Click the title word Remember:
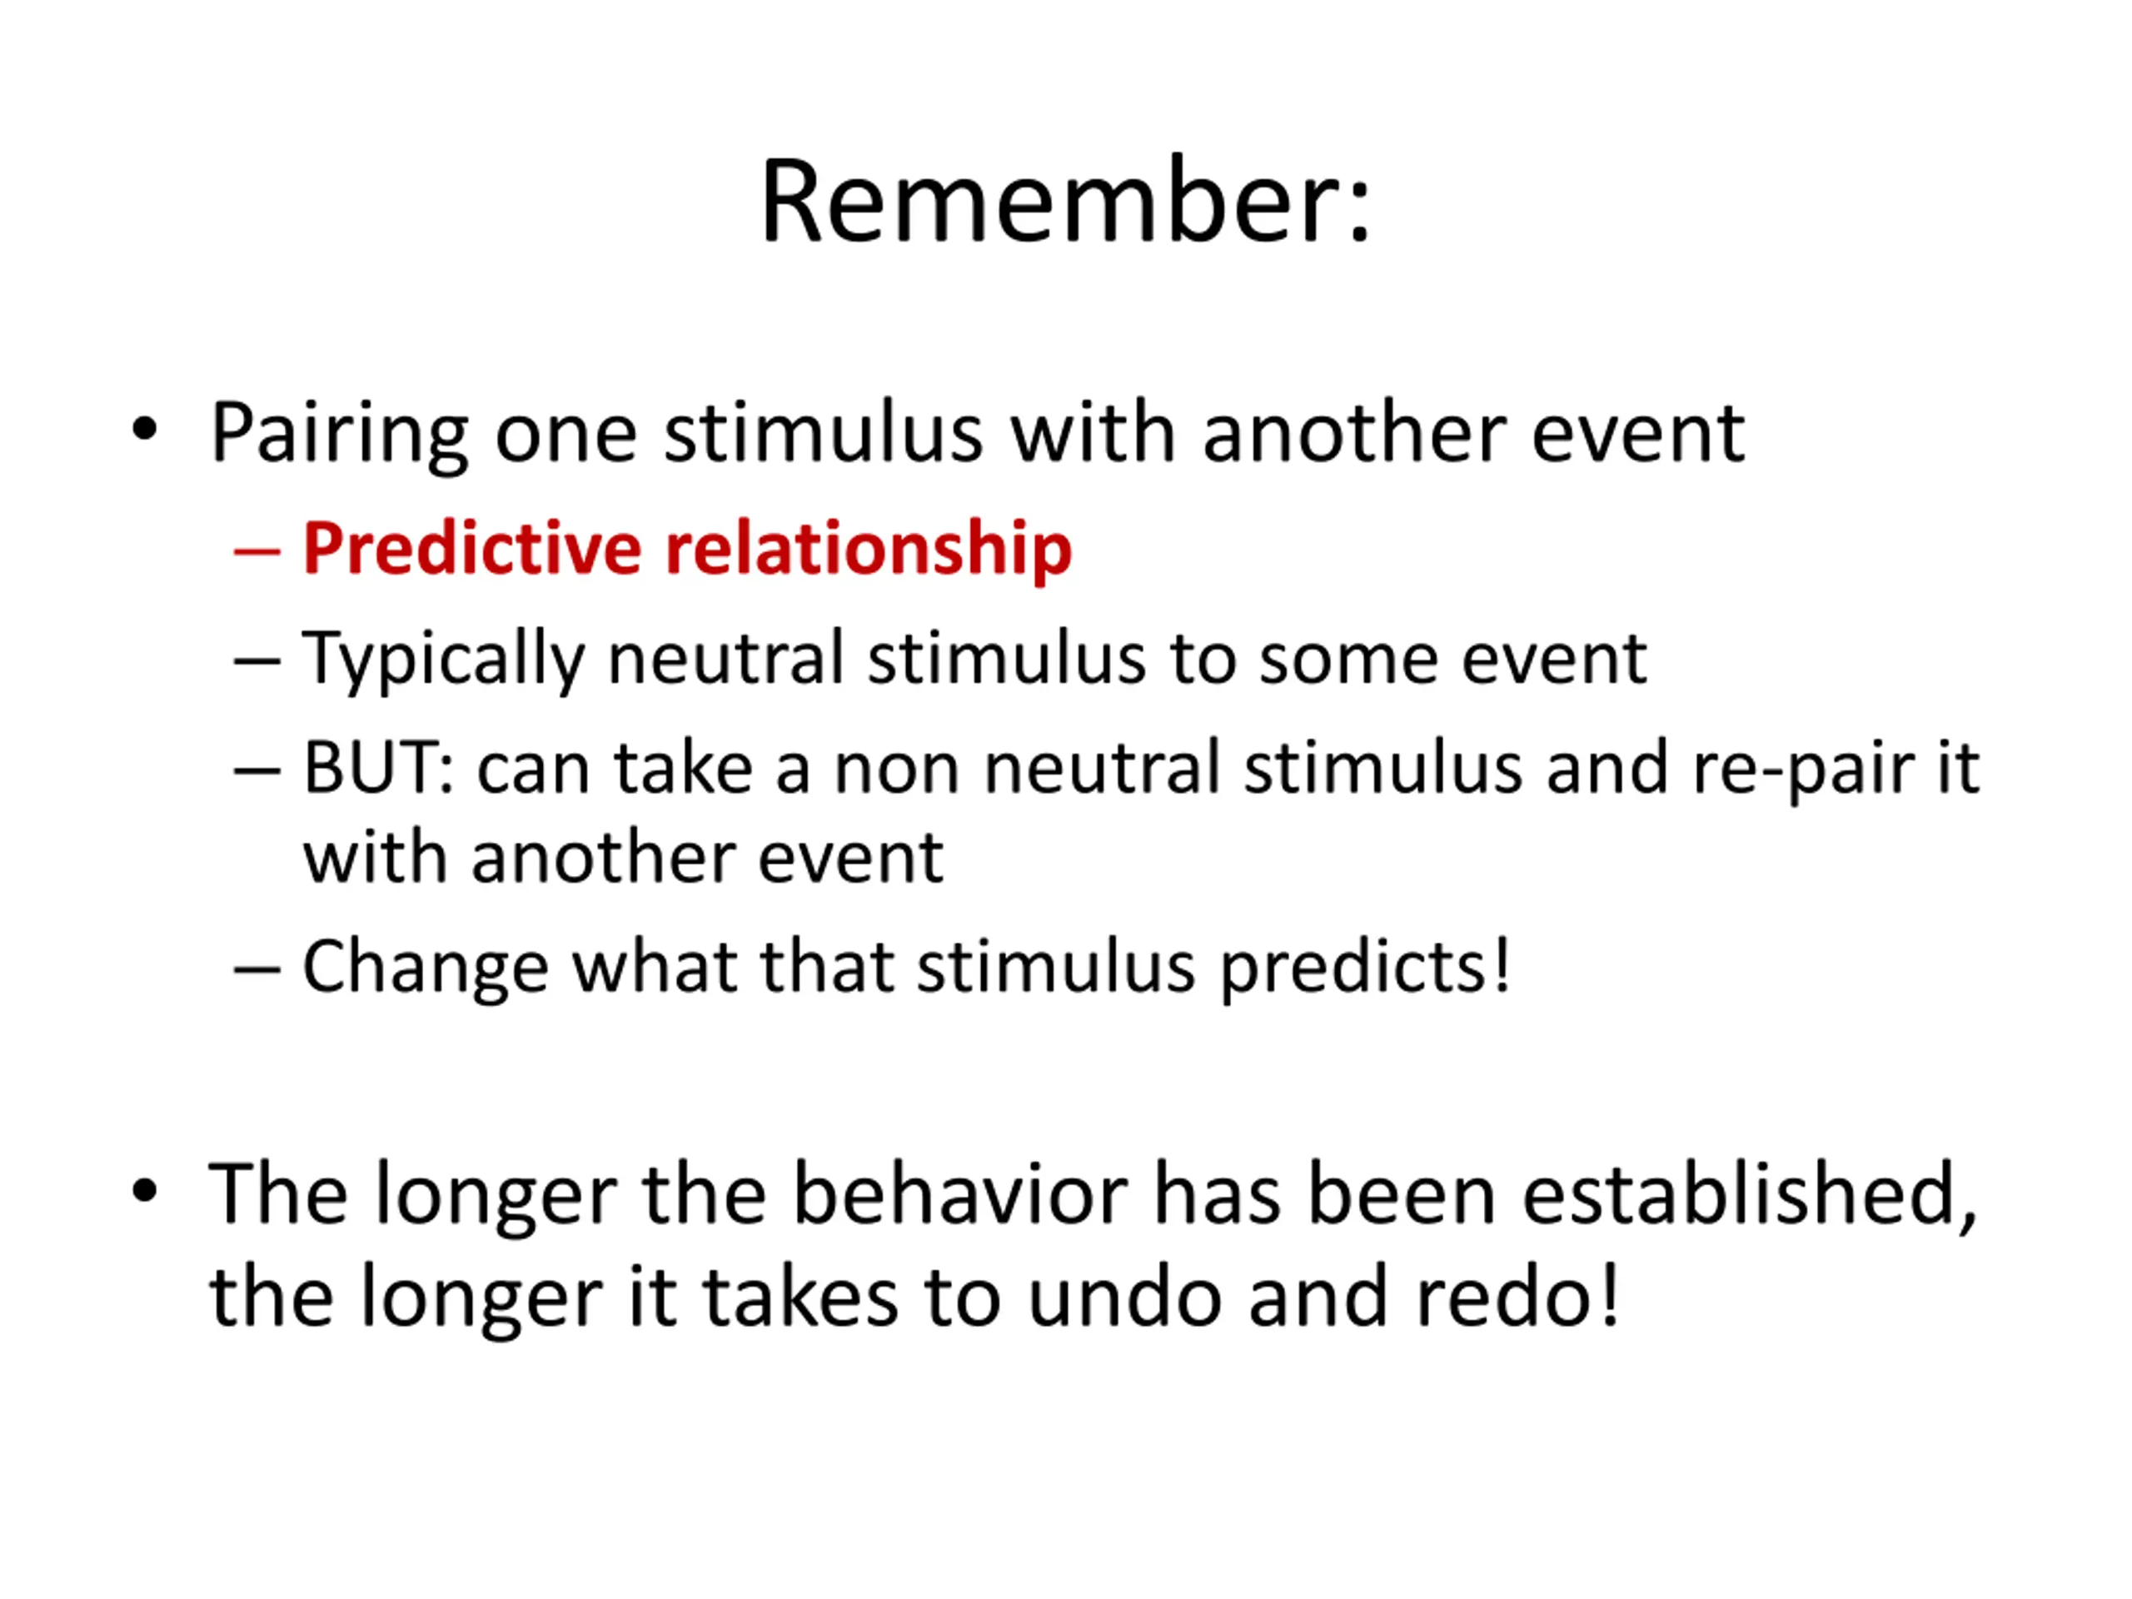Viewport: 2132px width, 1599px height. pos(1066,202)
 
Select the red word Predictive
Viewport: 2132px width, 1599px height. pos(472,550)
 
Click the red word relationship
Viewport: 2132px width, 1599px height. pos(869,550)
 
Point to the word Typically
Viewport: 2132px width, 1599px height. pos(443,660)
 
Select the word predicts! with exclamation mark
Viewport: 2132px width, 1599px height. pos(1366,968)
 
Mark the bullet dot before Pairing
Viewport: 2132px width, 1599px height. pos(145,430)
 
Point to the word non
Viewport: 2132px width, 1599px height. pos(896,771)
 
